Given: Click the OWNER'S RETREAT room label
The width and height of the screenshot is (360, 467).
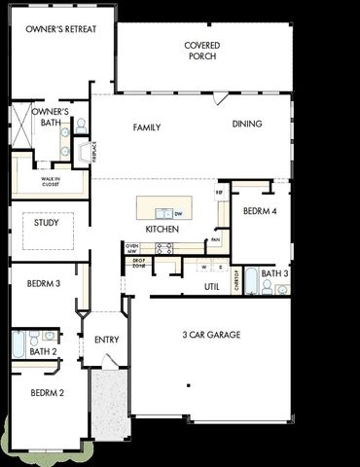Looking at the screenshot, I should point(60,29).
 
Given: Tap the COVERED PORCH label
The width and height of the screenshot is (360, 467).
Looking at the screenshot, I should point(202,51).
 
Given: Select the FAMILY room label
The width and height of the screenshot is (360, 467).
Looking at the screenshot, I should point(147,127).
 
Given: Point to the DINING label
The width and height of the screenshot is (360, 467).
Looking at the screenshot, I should point(248,124).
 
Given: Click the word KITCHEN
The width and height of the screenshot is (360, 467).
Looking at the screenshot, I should point(162,229).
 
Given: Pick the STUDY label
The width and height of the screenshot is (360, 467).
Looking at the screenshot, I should point(46,223).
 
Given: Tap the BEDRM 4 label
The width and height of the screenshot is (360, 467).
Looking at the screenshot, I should point(261,211).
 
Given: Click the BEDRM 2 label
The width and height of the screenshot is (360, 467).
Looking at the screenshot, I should point(47,393).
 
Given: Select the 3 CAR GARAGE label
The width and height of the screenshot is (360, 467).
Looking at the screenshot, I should point(211,335).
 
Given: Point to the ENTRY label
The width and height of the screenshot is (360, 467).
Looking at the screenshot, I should point(106,340).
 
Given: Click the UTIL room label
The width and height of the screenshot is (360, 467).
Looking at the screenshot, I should point(211,287).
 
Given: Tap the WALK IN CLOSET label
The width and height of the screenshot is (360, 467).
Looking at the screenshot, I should point(51,181).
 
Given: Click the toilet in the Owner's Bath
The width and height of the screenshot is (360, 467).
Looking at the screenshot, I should point(81,126).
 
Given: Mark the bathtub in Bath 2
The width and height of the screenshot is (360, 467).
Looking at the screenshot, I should point(18,344).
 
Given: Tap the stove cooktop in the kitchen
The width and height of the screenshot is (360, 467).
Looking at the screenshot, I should point(164,249).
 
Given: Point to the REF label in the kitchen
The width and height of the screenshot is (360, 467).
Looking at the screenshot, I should point(220,193).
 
